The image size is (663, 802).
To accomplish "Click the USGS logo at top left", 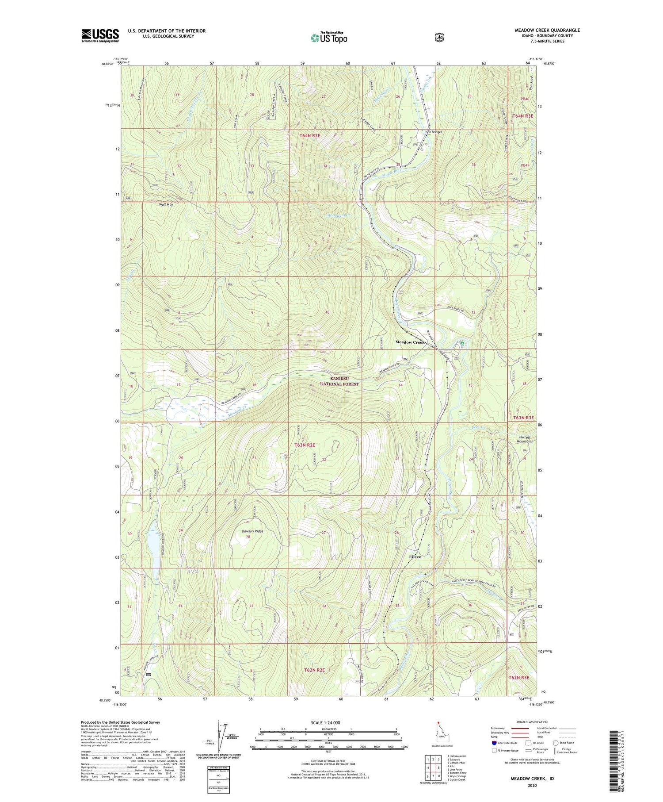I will coord(100,35).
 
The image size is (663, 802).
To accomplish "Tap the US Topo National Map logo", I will coord(329,38).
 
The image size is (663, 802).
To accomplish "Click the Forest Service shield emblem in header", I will coord(439,38).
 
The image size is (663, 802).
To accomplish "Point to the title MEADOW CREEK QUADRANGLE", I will coord(547,31).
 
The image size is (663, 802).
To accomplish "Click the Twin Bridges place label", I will coord(433,132).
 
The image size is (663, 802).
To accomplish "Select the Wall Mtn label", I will coord(166,205).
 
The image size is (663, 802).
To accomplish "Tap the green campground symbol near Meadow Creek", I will coord(462,343).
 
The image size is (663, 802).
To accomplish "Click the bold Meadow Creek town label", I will coord(410,342).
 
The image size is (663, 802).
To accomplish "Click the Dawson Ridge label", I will coord(252,531).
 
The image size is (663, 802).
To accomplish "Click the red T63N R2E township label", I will coord(305,445).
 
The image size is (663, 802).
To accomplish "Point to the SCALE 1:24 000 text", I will coord(325,722).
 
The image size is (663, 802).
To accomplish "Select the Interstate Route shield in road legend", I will coord(494,743).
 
